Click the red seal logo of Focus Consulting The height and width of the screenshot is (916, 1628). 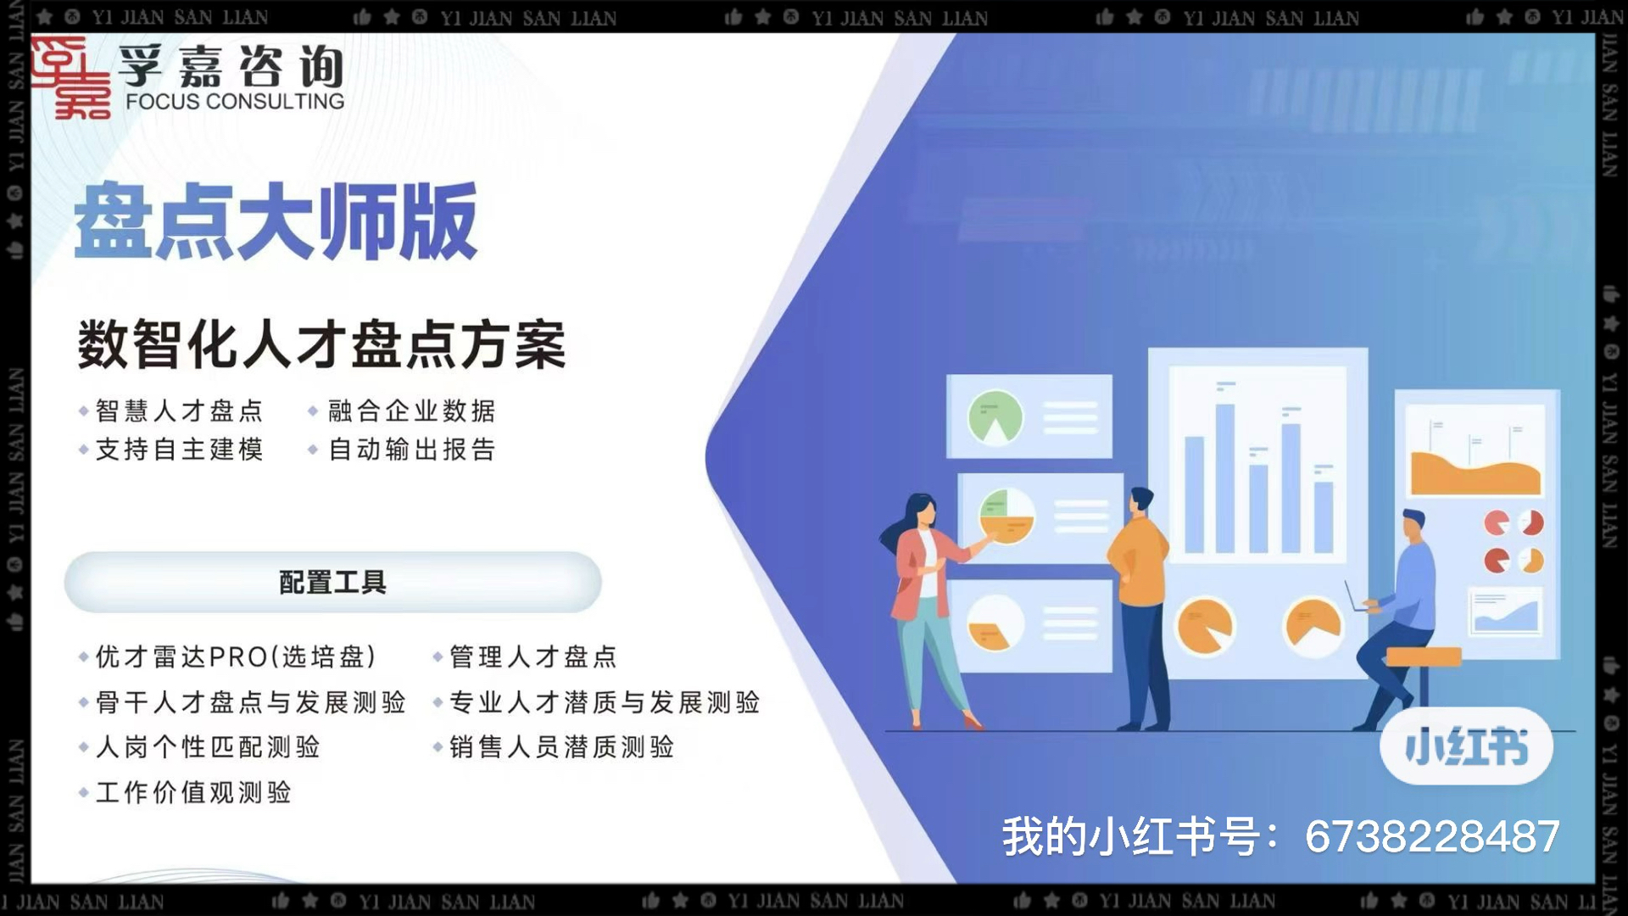point(71,77)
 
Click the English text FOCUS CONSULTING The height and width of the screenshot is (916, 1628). point(235,102)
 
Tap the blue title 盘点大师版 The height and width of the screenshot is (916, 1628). point(276,221)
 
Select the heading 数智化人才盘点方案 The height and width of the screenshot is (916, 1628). point(321,344)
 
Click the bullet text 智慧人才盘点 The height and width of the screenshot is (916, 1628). point(179,411)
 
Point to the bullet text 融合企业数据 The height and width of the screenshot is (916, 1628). point(411,411)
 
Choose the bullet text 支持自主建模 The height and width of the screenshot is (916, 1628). point(179,450)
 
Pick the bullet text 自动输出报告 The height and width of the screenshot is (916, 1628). point(411,450)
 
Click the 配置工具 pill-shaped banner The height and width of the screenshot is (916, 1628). point(332,583)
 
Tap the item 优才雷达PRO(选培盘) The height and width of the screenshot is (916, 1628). point(236,656)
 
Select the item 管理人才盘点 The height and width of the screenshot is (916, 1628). point(532,656)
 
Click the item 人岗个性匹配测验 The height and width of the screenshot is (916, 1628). point(208,747)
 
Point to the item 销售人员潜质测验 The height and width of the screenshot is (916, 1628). point(561,747)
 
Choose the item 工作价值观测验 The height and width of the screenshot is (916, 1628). point(193,792)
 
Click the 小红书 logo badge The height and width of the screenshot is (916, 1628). point(1466,746)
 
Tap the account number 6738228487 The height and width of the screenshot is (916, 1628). point(1432,836)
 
